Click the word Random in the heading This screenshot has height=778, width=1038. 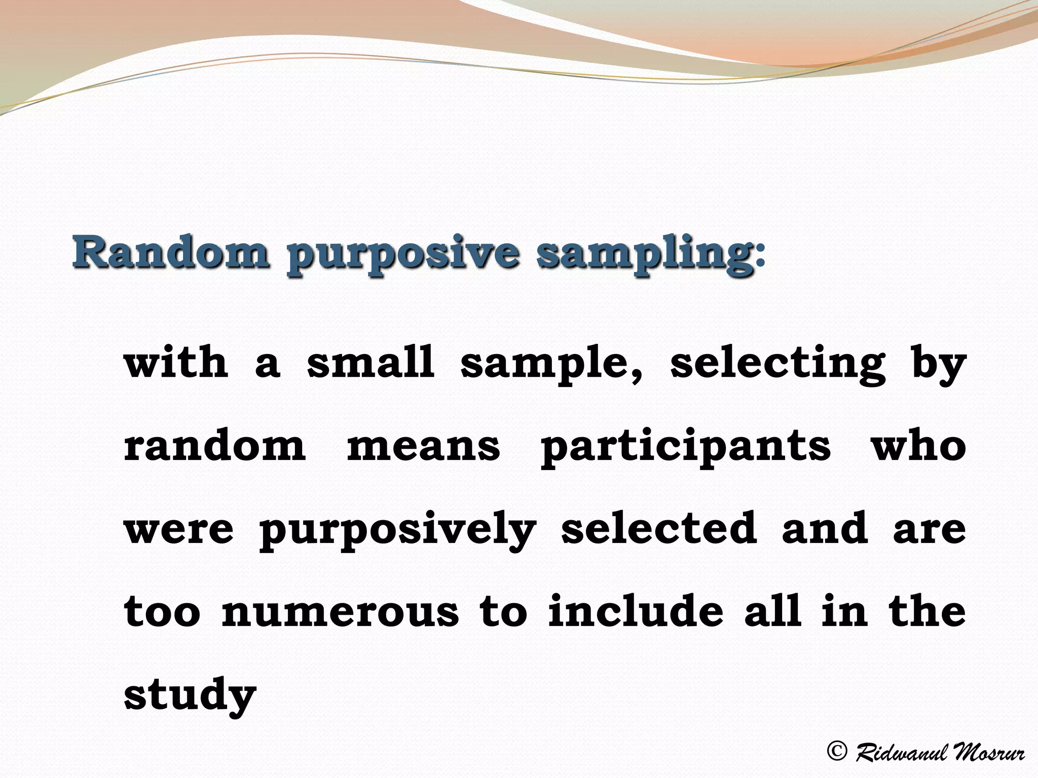[x=170, y=252]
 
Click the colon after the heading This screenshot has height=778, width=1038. [x=759, y=258]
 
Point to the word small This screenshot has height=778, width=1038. [x=370, y=363]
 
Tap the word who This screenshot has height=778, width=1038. [x=918, y=445]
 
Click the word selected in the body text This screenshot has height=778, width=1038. [x=659, y=528]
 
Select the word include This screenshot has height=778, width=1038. [x=636, y=611]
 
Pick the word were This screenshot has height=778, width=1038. [x=179, y=529]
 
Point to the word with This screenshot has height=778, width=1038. [x=176, y=363]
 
